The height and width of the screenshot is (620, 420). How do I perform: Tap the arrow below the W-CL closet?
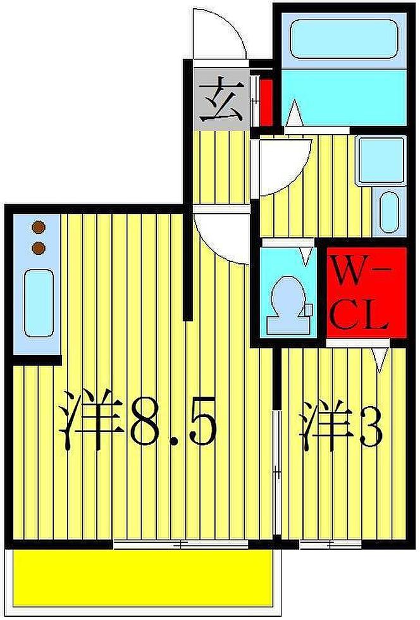point(379,357)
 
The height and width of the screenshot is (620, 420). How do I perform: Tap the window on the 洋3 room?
point(330,543)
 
